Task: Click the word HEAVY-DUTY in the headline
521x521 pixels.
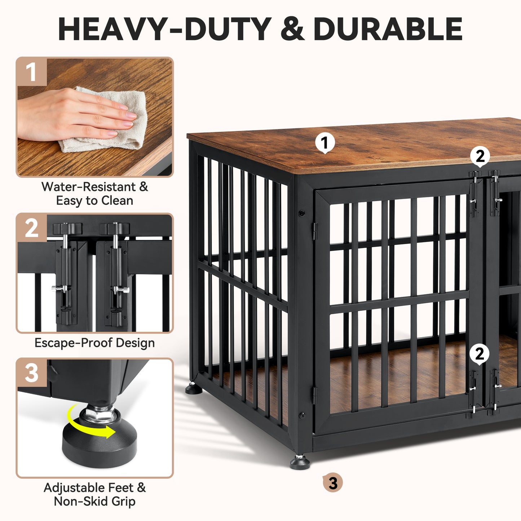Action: [164, 29]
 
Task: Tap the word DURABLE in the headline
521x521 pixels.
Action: [388, 29]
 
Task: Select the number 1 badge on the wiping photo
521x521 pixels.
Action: [31, 72]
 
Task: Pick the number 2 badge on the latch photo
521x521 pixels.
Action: [31, 228]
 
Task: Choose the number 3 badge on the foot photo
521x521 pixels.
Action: [31, 373]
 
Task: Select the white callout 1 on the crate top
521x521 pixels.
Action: [325, 143]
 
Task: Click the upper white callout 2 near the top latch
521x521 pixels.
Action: [480, 156]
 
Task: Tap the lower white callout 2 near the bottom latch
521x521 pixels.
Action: [479, 354]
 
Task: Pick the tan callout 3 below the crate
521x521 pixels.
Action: [333, 483]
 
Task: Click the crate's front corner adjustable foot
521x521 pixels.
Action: [300, 462]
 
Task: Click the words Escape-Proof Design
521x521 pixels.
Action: [94, 343]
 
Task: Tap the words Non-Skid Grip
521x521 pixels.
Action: [94, 501]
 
